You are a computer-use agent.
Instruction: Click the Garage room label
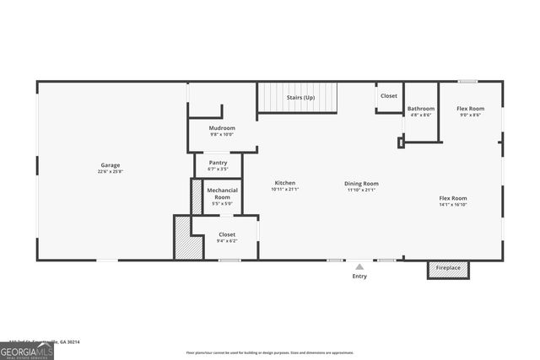coord(111,165)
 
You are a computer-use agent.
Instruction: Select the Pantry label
coord(219,162)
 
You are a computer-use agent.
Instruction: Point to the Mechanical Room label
coord(222,194)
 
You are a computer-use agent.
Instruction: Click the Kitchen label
coord(285,183)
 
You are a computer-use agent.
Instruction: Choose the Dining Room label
coord(361,183)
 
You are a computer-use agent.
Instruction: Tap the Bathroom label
coord(421,109)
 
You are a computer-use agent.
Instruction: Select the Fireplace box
coord(448,268)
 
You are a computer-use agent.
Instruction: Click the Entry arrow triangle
coord(359,266)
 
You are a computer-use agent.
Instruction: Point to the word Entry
coord(359,276)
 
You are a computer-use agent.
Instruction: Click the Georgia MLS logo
coord(26,350)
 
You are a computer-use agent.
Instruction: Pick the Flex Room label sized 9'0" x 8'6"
coord(470,109)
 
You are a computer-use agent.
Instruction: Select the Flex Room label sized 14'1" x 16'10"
coord(452,198)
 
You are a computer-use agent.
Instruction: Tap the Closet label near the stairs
coord(388,96)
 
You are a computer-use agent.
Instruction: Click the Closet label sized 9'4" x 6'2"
coord(227,234)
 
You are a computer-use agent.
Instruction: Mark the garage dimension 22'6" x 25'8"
coord(111,172)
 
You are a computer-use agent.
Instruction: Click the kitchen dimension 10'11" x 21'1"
coord(285,190)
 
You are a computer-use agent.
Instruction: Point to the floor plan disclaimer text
coord(270,352)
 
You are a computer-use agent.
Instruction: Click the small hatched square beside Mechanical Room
coord(197,197)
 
